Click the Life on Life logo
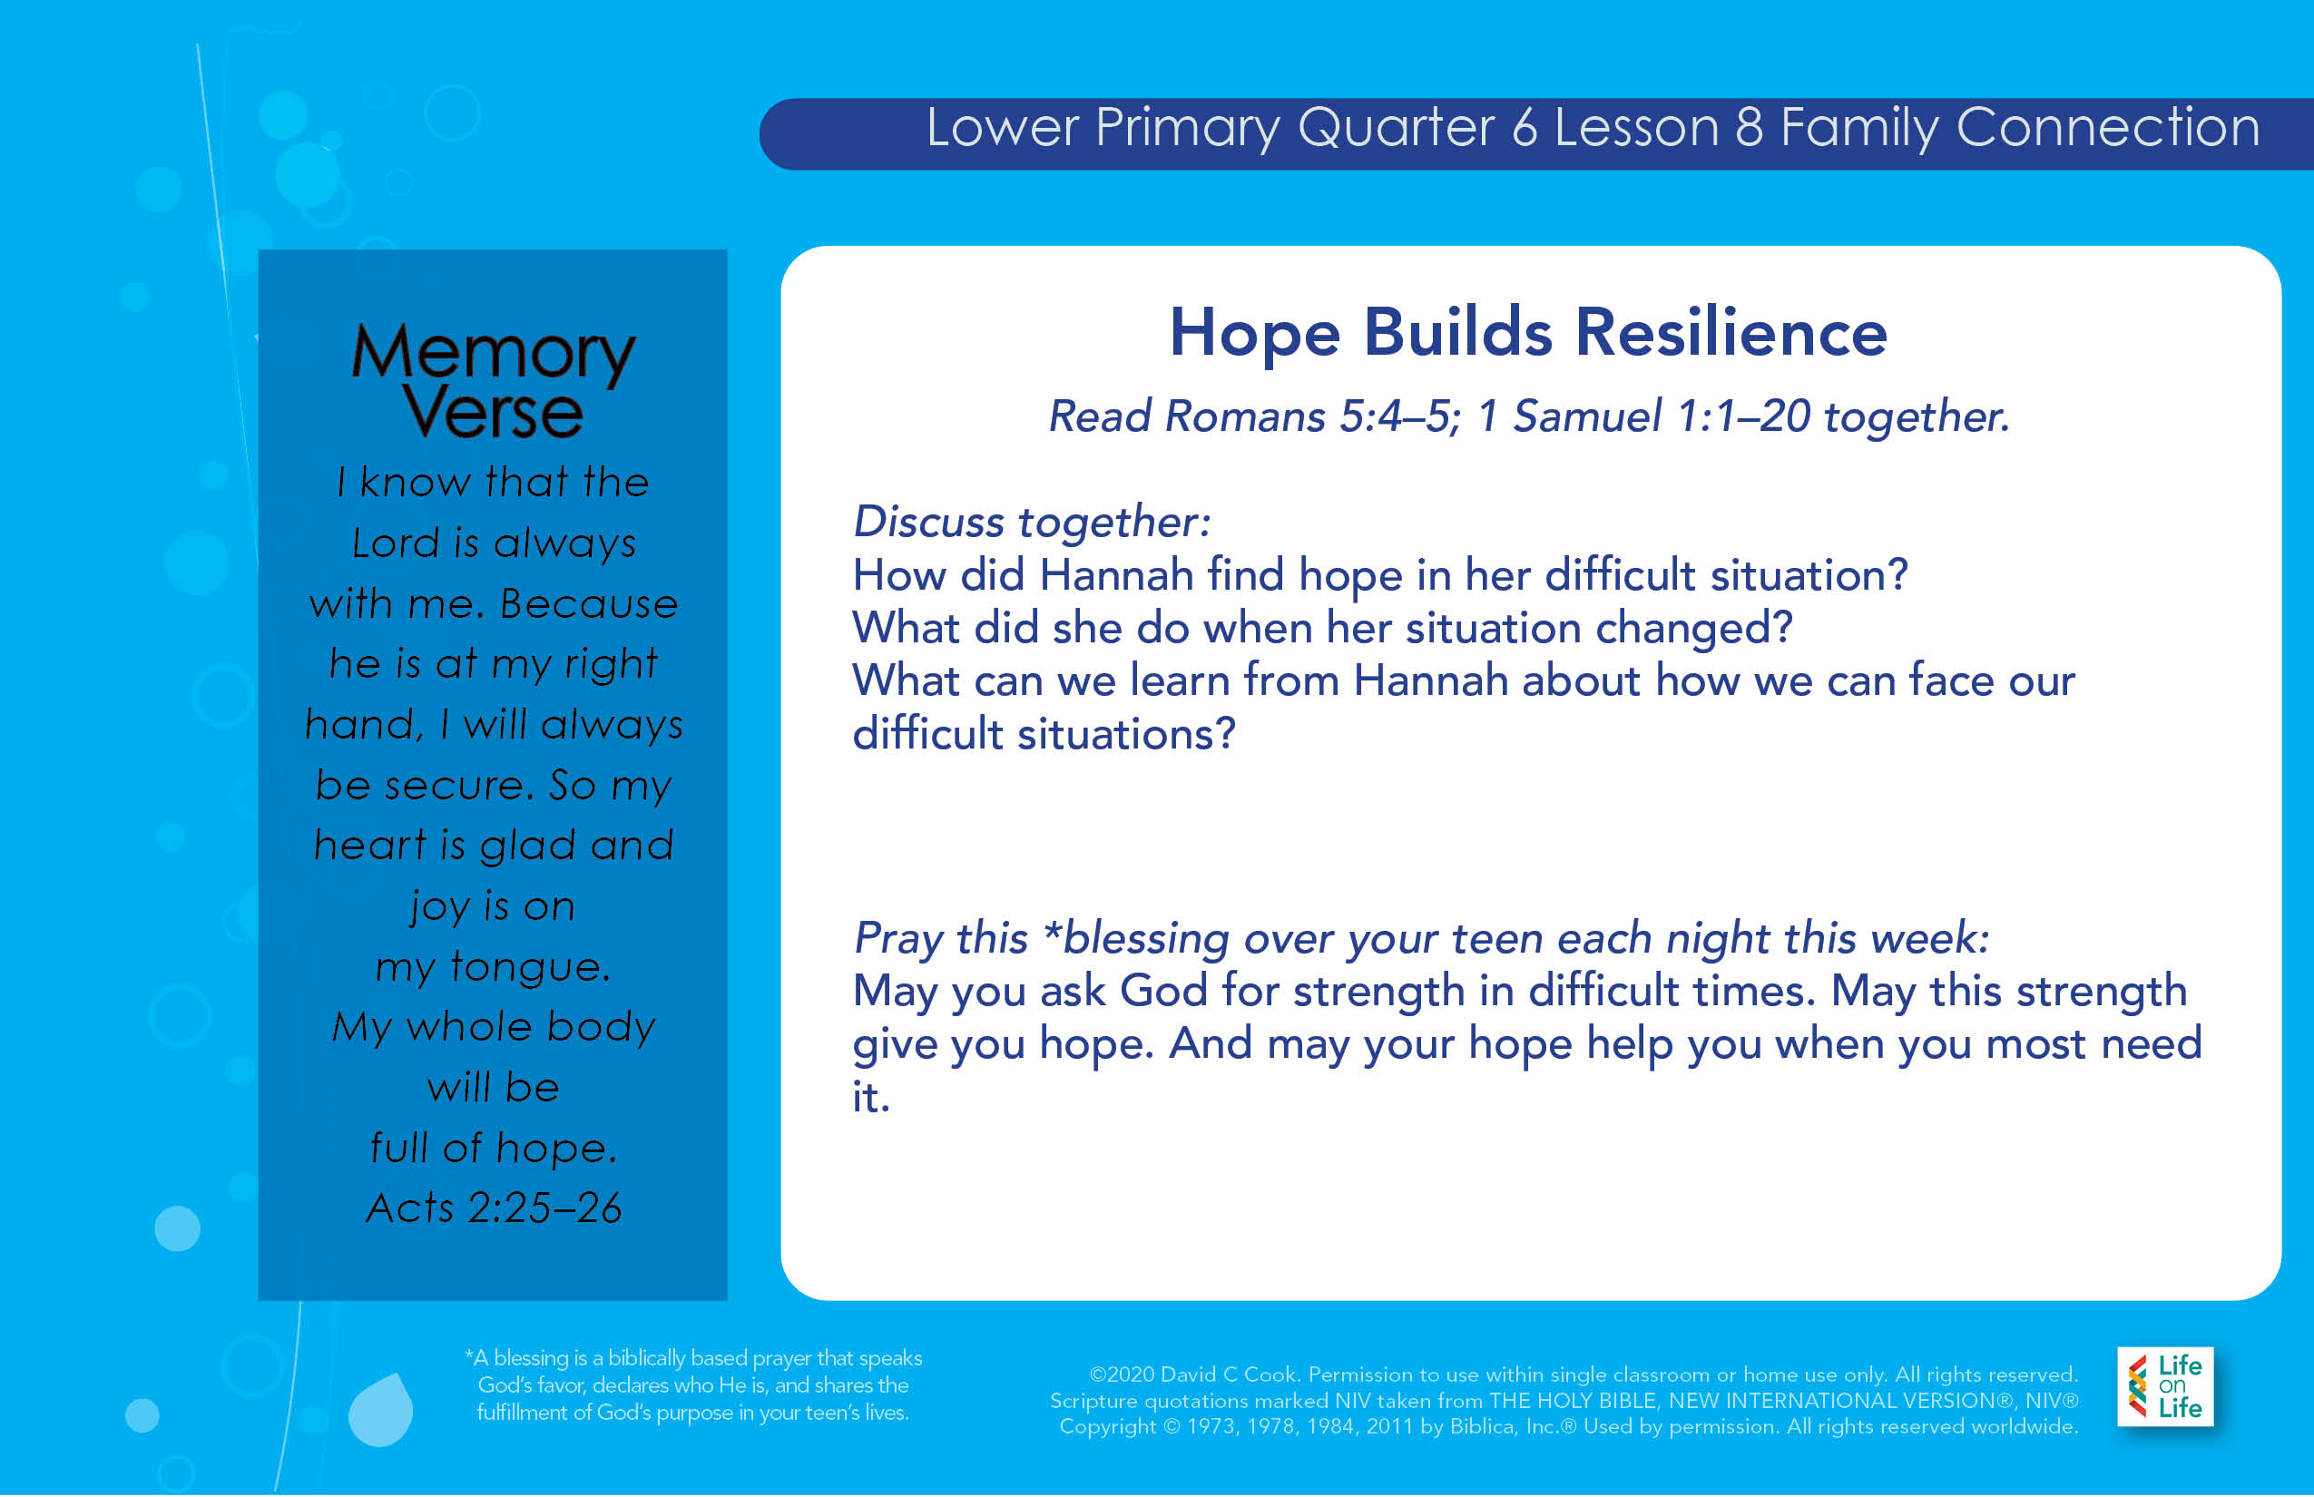click(2164, 1386)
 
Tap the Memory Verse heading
click(493, 381)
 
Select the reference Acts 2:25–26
click(493, 1208)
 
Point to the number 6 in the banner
click(1525, 127)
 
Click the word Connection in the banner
click(2108, 127)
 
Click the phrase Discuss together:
click(1032, 522)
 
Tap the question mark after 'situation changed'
click(1783, 627)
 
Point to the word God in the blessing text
click(1162, 991)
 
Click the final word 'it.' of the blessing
click(871, 1097)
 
